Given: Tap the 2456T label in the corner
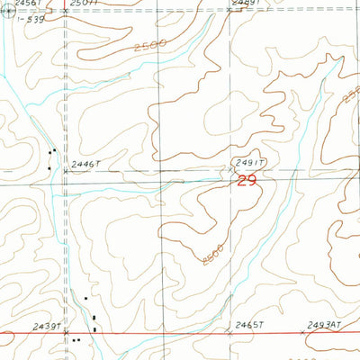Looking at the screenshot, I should click(x=18, y=4).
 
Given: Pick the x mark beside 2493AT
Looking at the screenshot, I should click(x=303, y=331).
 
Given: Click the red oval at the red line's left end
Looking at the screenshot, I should click(x=4, y=337).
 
